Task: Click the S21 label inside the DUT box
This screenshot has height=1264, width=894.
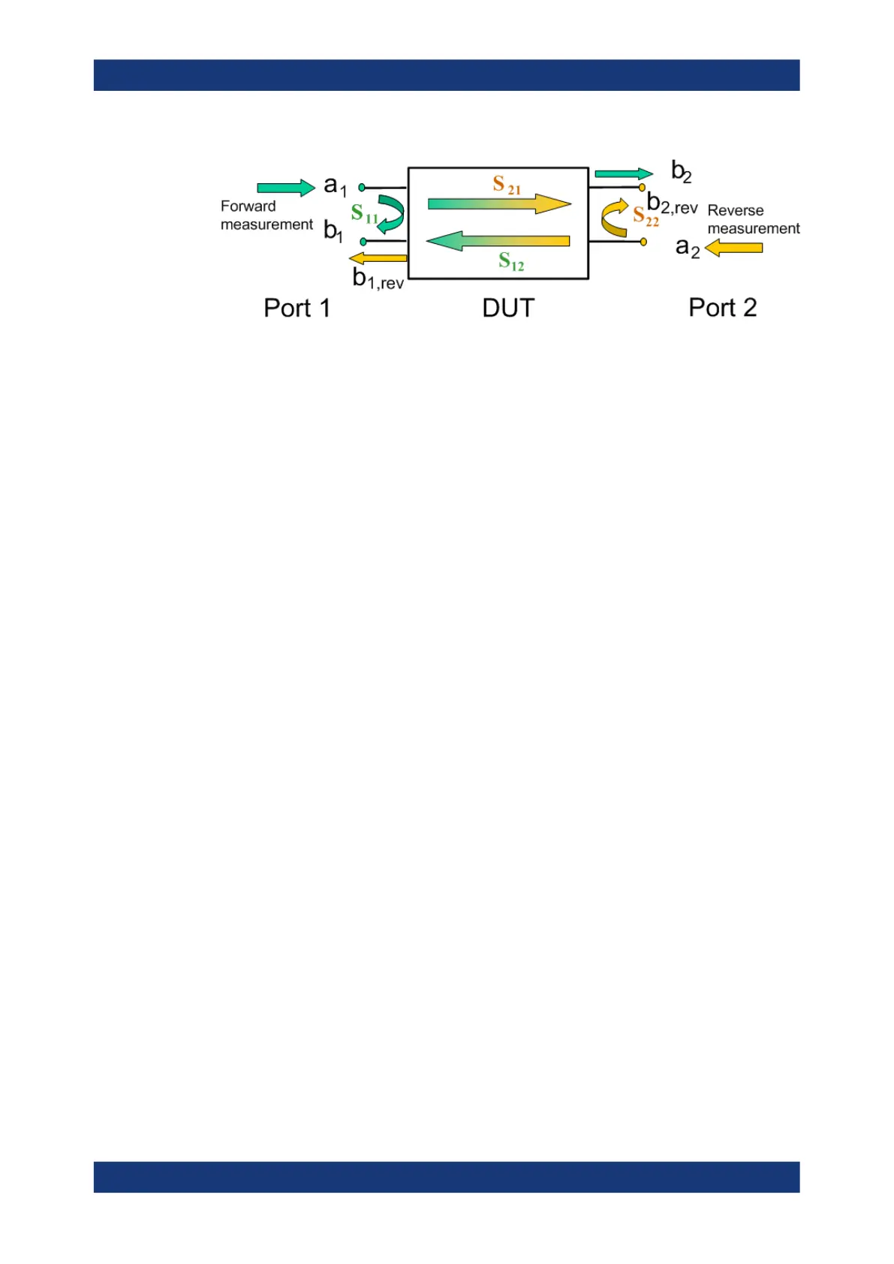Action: pos(506,185)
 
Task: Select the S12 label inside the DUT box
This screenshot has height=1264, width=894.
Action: pos(511,261)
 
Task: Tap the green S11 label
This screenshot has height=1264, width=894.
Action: pos(364,215)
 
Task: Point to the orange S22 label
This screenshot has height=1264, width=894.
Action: pos(646,217)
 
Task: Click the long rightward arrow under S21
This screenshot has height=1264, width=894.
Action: pos(499,203)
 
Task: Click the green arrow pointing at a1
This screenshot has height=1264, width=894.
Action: pos(285,188)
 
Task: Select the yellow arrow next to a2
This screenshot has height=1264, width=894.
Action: pos(733,247)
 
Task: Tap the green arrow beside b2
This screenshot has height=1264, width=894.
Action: pos(623,174)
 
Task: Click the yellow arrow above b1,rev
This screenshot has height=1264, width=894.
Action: pos(378,258)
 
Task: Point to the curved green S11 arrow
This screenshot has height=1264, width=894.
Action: pos(391,214)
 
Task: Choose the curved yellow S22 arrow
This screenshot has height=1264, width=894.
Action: pos(614,218)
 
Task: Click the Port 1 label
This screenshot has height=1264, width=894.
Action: pos(296,308)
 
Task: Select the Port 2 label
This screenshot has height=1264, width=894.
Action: pos(722,308)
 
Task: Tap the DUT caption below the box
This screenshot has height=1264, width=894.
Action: pos(508,308)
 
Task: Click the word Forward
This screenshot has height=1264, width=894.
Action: pos(248,206)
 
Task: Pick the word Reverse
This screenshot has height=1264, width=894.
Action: pos(735,211)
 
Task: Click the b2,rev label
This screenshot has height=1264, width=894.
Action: pos(672,203)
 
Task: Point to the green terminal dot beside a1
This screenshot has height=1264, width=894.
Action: pos(362,188)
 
